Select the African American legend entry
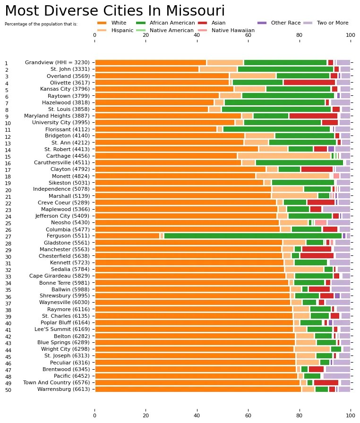(165, 23)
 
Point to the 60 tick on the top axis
(248, 35)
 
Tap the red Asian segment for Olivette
(309, 83)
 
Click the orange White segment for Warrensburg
(198, 389)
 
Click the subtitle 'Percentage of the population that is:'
(41, 24)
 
